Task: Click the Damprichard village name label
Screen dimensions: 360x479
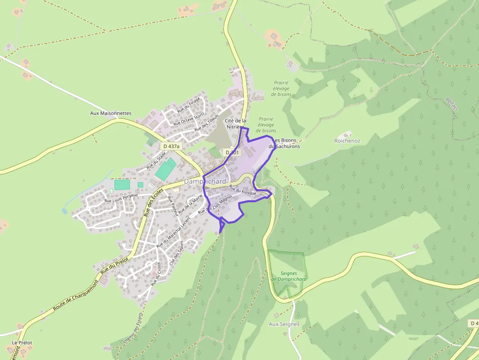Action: pyautogui.click(x=205, y=181)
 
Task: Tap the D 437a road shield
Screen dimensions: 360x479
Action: pyautogui.click(x=171, y=146)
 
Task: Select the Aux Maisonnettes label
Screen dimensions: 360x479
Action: pyautogui.click(x=111, y=113)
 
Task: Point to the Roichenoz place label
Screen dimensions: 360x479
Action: pyautogui.click(x=347, y=140)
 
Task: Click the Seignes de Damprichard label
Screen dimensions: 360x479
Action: pyautogui.click(x=289, y=276)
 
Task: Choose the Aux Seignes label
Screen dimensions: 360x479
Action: pyautogui.click(x=284, y=324)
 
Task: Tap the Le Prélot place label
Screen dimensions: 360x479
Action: pyautogui.click(x=22, y=342)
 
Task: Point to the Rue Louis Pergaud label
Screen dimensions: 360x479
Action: pyautogui.click(x=121, y=198)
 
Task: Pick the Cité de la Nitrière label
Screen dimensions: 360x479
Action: pyautogui.click(x=235, y=123)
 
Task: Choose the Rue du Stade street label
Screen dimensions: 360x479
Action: pyautogui.click(x=156, y=160)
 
